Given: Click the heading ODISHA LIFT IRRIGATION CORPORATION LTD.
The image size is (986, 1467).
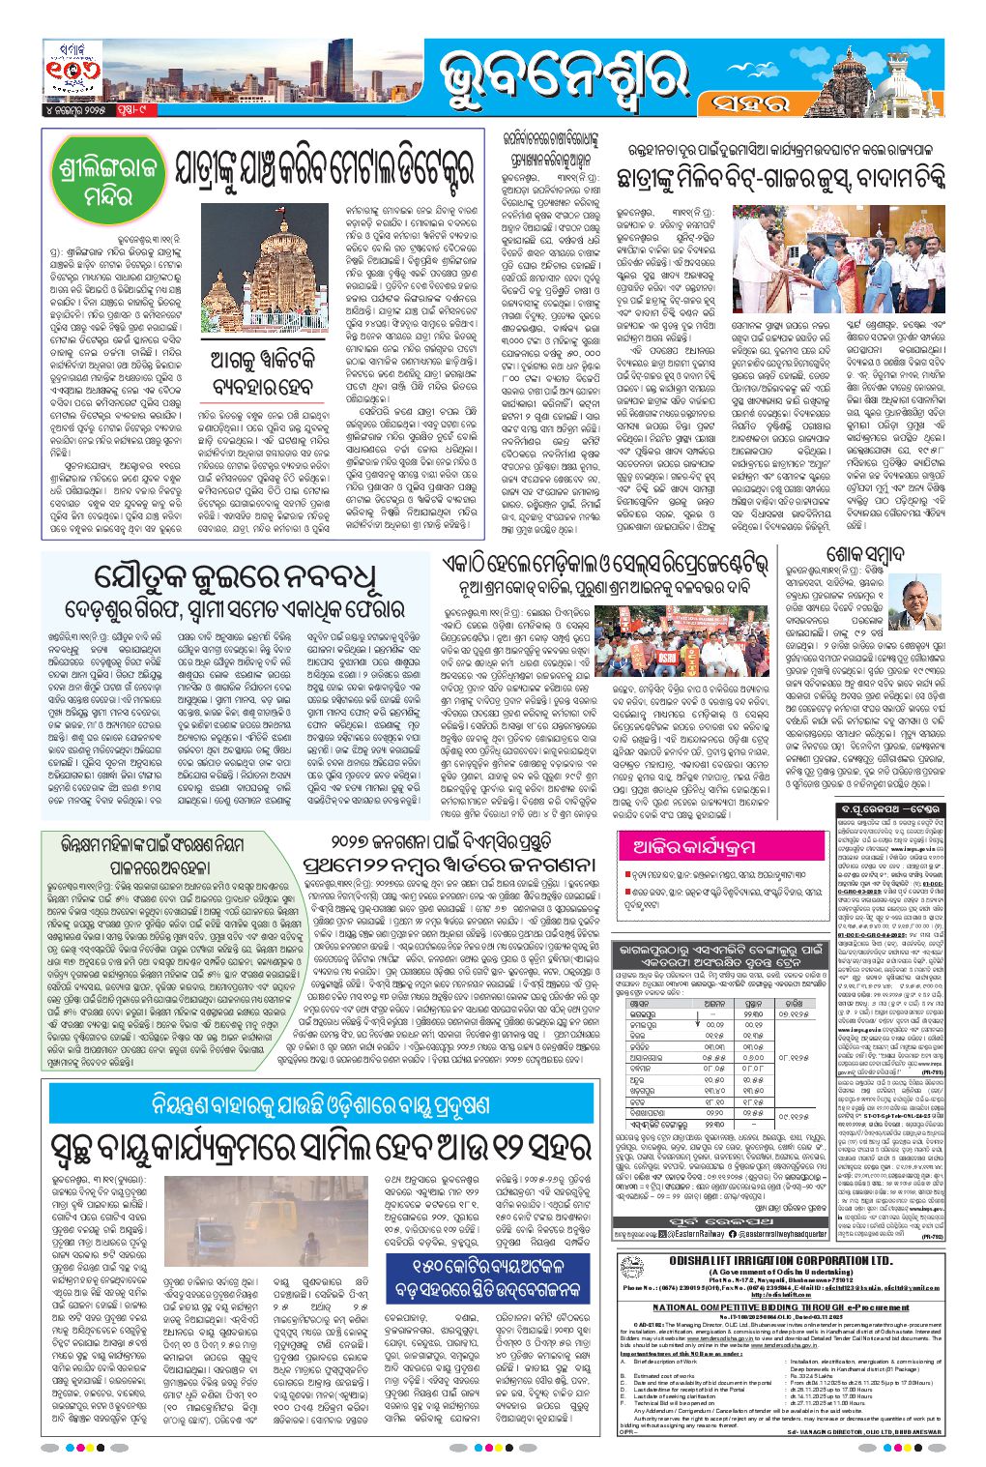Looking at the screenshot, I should (x=780, y=1261).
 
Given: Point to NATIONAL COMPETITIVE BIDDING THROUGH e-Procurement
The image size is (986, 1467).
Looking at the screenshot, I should (x=780, y=1306).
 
